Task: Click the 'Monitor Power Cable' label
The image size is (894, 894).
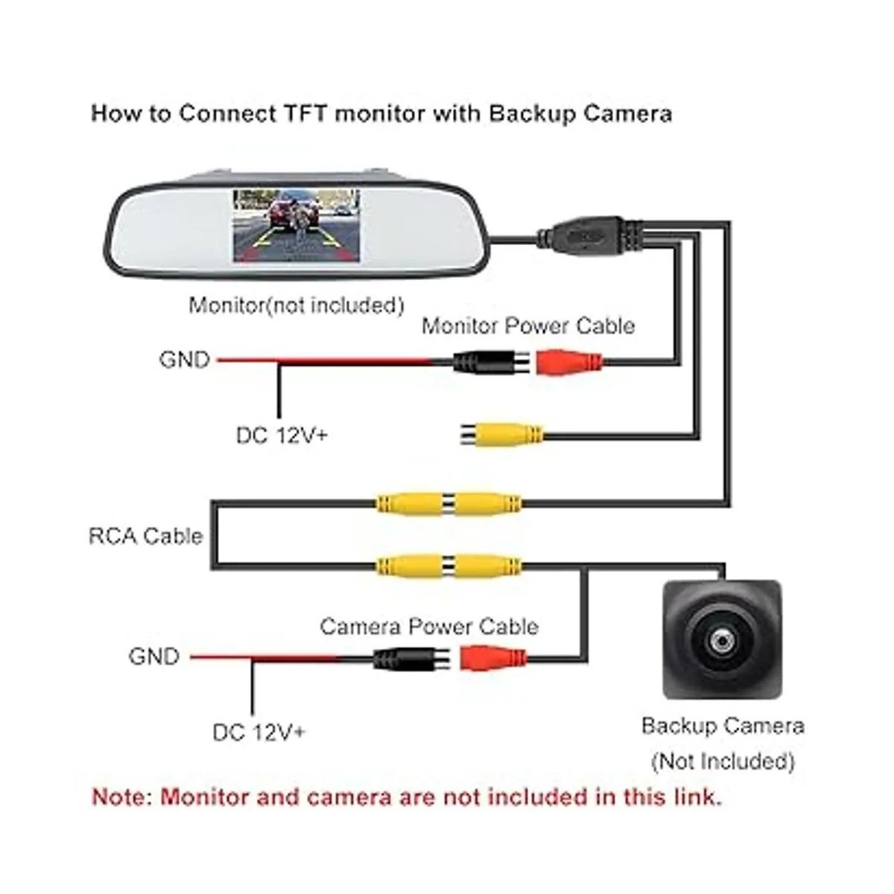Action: coord(527,326)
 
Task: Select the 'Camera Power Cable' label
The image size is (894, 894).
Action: coord(429,627)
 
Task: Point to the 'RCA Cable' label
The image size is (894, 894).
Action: coord(145,536)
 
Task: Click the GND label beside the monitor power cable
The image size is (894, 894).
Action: coord(184,360)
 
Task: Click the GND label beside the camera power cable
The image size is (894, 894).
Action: coord(154,656)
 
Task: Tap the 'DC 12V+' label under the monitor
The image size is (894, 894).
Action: coord(282,435)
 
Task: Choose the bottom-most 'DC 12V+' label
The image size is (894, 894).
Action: coord(259,732)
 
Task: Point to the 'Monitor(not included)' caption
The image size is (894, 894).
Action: coord(297,305)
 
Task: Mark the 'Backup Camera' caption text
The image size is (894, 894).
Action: coord(723,726)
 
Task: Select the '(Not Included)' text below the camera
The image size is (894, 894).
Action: coord(723,761)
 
